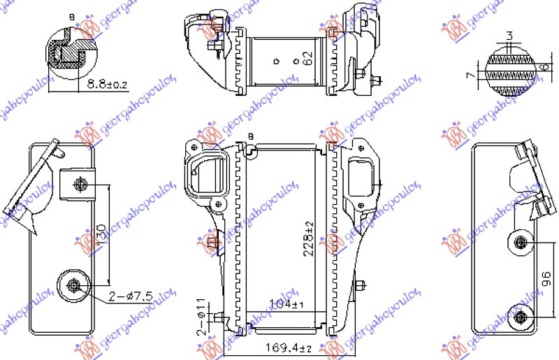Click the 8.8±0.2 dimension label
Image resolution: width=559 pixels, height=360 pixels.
click(107, 85)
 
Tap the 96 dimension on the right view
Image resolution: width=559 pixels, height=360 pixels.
click(547, 280)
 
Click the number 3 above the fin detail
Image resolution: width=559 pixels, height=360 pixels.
click(510, 36)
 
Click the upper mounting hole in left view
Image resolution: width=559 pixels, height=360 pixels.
click(80, 185)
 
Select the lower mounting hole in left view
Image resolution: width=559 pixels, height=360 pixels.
click(74, 285)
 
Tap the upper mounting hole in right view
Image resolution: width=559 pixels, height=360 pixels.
click(521, 243)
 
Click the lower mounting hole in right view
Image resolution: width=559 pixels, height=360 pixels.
click(521, 317)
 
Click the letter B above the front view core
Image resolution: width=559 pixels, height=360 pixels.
click(249, 136)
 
